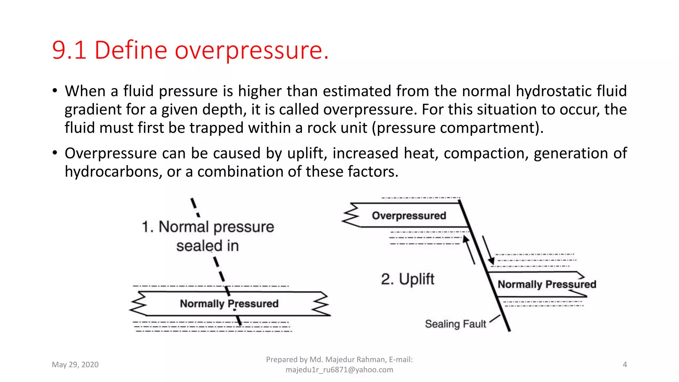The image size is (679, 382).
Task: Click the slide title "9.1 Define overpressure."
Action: coord(190,50)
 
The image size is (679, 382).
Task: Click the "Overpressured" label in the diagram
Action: coord(409,216)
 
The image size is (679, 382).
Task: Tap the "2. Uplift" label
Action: coord(407,279)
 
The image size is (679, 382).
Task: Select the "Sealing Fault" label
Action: coord(455,324)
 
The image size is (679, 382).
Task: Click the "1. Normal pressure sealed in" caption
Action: coord(208,236)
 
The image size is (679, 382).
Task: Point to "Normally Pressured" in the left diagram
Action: coord(229,303)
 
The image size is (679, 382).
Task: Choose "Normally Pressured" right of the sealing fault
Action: coord(547,284)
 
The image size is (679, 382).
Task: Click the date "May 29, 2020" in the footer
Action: coord(75,364)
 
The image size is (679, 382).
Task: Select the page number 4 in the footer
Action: coord(625,364)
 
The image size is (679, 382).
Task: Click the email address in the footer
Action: coord(339,370)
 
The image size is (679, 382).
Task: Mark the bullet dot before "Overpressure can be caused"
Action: coord(55,153)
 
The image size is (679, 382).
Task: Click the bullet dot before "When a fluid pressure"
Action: coord(55,91)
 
